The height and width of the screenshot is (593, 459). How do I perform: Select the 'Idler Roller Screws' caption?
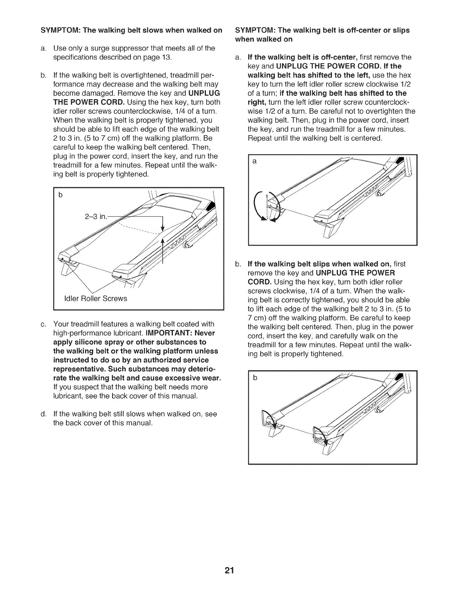pyautogui.click(x=96, y=298)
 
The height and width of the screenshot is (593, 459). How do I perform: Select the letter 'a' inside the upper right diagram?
pyautogui.click(x=255, y=161)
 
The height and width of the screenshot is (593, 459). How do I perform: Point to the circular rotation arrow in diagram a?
pyautogui.click(x=267, y=208)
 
